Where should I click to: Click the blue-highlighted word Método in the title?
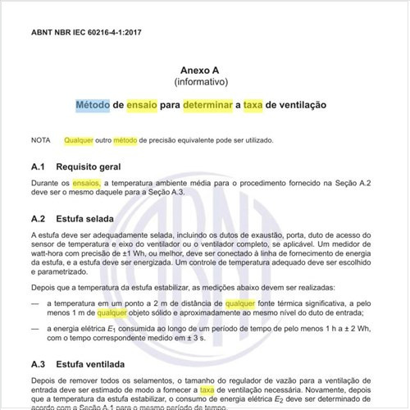(93, 107)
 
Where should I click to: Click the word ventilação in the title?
(298, 107)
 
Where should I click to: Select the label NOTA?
(40, 140)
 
